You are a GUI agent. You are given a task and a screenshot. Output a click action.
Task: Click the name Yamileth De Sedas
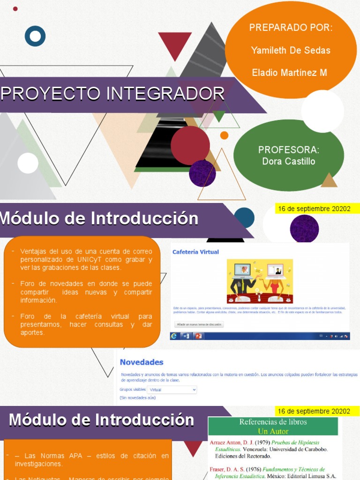click(x=291, y=50)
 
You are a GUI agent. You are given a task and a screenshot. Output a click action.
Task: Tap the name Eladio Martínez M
click(x=289, y=73)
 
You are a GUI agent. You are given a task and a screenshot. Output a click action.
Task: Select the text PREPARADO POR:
click(x=291, y=28)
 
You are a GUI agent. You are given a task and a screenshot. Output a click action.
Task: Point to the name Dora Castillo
click(x=289, y=161)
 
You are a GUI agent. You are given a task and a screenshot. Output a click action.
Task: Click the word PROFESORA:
click(x=289, y=150)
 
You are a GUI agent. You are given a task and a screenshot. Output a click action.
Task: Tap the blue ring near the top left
click(x=35, y=36)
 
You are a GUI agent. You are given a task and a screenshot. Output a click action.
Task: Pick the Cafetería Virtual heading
click(x=195, y=252)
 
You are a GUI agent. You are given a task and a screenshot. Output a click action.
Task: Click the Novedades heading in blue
click(x=142, y=362)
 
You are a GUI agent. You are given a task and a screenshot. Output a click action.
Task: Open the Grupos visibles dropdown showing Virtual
click(x=172, y=390)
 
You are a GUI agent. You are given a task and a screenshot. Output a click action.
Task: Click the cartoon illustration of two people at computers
click(x=260, y=281)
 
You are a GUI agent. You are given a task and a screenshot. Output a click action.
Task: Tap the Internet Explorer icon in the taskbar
click(x=174, y=336)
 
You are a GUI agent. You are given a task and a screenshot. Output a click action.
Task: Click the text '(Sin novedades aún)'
click(x=137, y=397)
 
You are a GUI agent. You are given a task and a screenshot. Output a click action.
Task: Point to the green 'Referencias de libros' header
click(x=273, y=426)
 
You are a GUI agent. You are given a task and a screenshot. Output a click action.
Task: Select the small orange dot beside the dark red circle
click(x=224, y=135)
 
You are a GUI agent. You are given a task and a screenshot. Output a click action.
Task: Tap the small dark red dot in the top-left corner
click(x=15, y=8)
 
